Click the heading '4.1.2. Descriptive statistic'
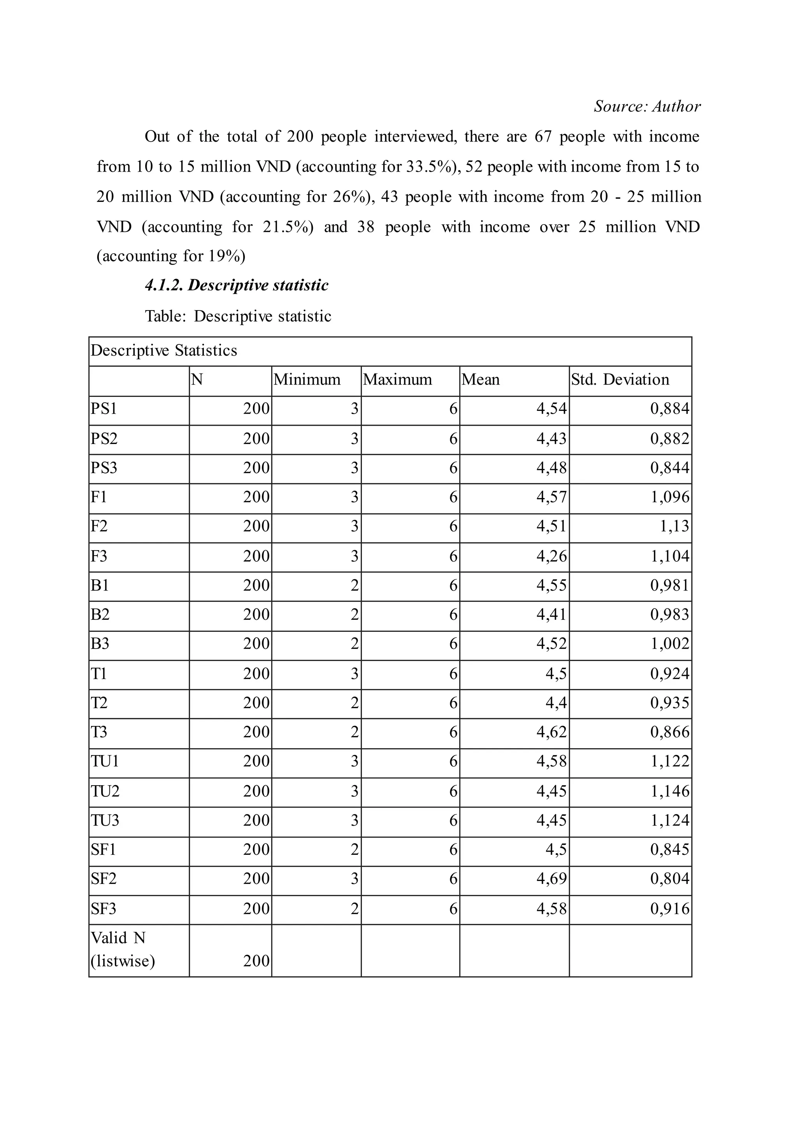pos(237,285)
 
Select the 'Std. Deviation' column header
pos(620,380)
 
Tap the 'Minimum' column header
pos(307,380)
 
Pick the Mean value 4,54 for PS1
pos(551,409)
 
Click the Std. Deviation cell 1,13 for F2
pos(674,526)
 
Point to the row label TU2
pos(105,791)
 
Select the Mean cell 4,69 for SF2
pos(551,879)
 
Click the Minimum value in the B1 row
pos(355,585)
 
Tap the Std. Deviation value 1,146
pos(670,791)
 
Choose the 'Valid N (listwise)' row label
pos(123,949)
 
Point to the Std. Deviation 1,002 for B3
pos(670,644)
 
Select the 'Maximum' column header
pos(397,380)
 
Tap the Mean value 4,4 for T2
pos(556,703)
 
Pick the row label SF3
pos(104,909)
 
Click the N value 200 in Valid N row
pos(256,961)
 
